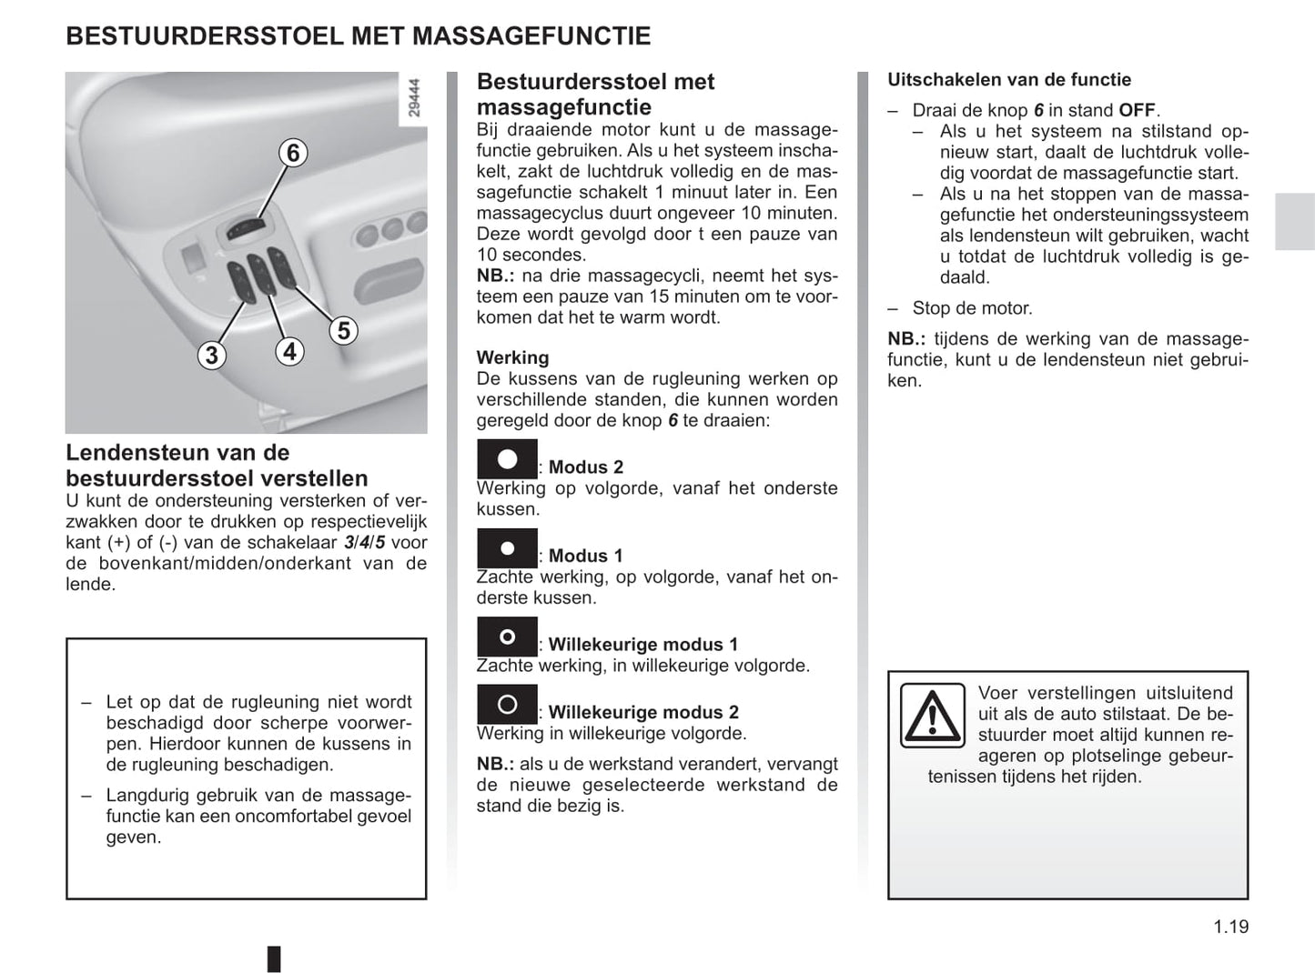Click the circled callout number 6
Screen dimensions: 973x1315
point(293,153)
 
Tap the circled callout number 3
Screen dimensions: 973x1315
point(212,355)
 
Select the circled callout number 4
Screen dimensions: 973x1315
point(289,351)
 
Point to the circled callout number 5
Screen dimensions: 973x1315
point(343,330)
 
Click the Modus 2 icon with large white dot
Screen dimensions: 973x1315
point(507,459)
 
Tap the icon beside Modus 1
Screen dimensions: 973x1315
point(507,548)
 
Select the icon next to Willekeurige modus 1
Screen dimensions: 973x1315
point(507,637)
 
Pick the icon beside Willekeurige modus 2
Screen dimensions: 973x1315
point(507,705)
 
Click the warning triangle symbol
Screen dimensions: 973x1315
point(932,716)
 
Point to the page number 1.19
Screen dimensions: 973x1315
point(1230,927)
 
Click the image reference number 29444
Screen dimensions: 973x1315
point(415,98)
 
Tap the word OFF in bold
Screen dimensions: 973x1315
point(1137,110)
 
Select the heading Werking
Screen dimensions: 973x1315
point(512,357)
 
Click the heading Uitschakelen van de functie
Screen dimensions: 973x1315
point(1009,80)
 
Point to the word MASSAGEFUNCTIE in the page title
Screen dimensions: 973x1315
point(531,36)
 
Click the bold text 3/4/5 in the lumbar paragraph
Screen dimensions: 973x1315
point(364,543)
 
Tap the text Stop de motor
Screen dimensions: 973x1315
point(972,308)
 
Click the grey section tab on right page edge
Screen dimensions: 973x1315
point(1294,221)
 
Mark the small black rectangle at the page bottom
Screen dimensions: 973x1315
point(274,958)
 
